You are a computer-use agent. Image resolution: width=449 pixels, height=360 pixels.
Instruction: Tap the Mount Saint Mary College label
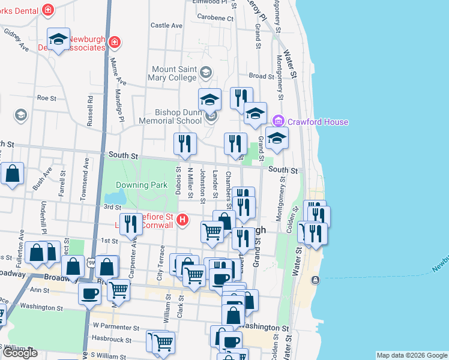[x=174, y=74]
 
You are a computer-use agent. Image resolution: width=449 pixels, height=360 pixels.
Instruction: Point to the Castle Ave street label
[x=166, y=26]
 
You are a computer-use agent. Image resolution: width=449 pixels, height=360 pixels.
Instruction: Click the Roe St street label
[x=46, y=97]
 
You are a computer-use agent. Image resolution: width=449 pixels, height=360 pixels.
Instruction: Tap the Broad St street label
[x=261, y=76]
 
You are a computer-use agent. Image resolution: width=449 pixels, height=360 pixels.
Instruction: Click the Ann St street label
[x=39, y=289]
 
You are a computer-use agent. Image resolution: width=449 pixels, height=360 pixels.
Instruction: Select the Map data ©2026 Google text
[x=411, y=355]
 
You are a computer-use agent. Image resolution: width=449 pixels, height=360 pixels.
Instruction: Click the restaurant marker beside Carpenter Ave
[x=131, y=224]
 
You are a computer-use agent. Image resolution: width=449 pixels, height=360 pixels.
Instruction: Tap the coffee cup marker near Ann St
[x=90, y=293]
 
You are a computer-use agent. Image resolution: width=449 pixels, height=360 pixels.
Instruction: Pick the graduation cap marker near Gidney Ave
[x=58, y=40]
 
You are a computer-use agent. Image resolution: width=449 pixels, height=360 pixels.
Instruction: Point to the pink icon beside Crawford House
[x=277, y=122]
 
